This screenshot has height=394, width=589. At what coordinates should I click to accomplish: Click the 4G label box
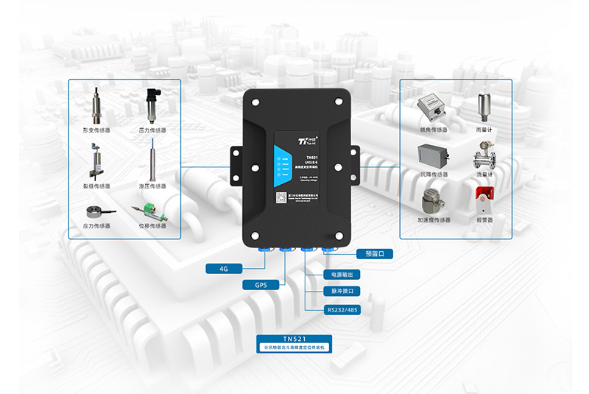pyautogui.click(x=223, y=268)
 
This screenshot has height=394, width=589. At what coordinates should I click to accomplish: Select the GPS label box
pyautogui.click(x=260, y=284)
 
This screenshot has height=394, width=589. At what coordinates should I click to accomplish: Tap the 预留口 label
pyautogui.click(x=375, y=254)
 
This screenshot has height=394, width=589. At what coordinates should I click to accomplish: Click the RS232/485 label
pyautogui.click(x=343, y=310)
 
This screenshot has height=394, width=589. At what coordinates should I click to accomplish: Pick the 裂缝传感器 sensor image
pyautogui.click(x=96, y=161)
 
